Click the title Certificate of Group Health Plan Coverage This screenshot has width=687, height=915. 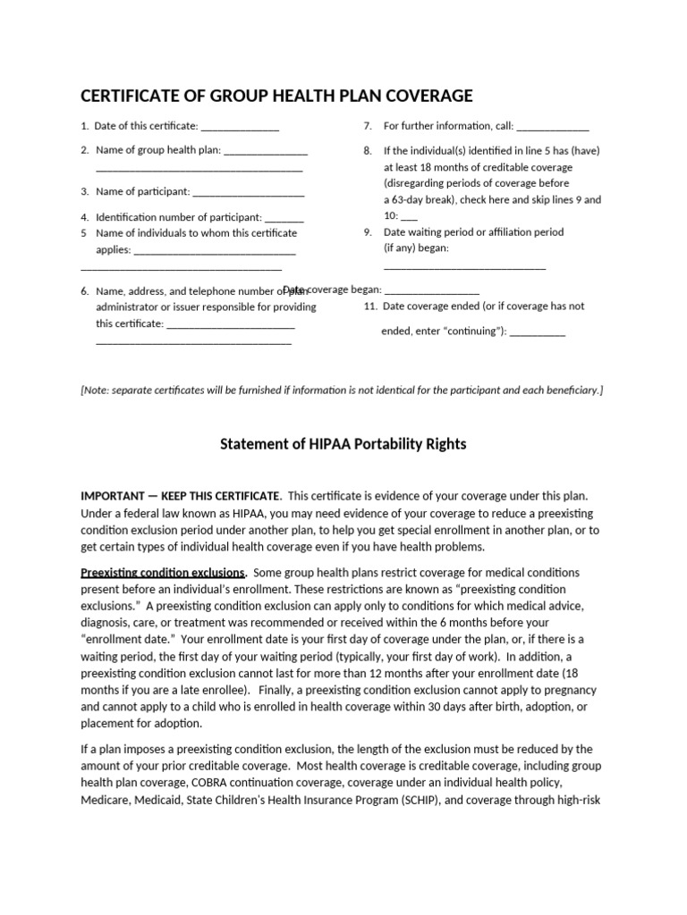pyautogui.click(x=276, y=97)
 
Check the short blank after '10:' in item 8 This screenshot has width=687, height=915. pyautogui.click(x=409, y=217)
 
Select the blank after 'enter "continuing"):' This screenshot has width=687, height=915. pyautogui.click(x=539, y=332)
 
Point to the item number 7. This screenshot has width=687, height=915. pyautogui.click(x=367, y=126)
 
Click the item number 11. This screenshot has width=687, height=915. pyautogui.click(x=370, y=306)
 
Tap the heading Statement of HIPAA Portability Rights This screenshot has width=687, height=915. pyautogui.click(x=343, y=444)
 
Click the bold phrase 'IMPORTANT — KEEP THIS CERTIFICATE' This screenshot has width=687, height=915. pyautogui.click(x=182, y=495)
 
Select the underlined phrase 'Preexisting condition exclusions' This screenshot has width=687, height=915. pyautogui.click(x=163, y=572)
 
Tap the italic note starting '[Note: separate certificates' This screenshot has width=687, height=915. pyautogui.click(x=342, y=390)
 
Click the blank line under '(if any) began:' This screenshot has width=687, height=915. pyautogui.click(x=464, y=265)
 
